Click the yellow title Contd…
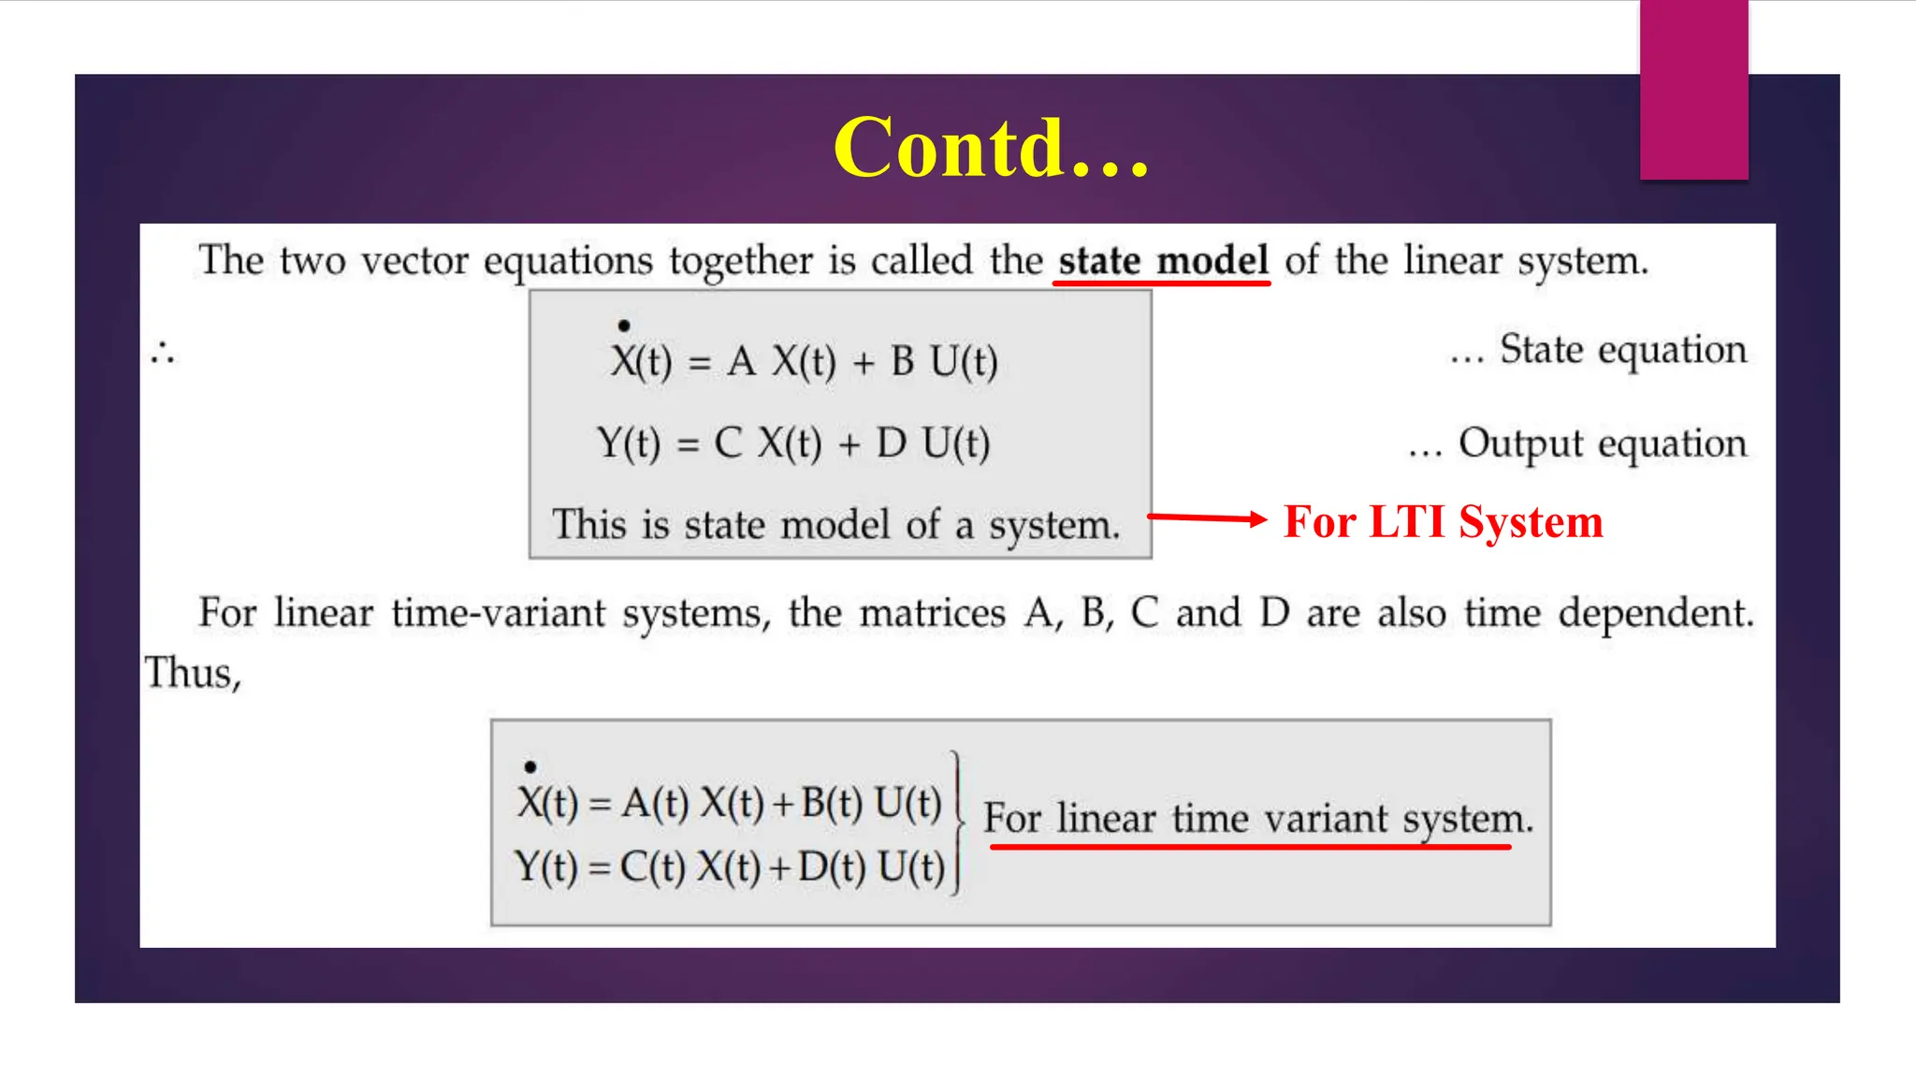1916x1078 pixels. click(x=991, y=148)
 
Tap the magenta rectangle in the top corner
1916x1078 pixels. click(x=1693, y=89)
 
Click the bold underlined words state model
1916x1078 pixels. click(x=1163, y=260)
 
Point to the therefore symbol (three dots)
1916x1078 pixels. click(x=162, y=354)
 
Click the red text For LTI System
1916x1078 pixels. click(x=1443, y=522)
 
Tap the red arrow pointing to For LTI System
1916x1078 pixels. click(x=1207, y=517)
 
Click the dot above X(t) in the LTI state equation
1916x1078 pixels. click(x=624, y=326)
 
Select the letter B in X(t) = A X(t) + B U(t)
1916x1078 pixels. click(x=902, y=362)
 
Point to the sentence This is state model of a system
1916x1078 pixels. click(x=835, y=525)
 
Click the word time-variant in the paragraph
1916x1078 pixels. click(x=499, y=614)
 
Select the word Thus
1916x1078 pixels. click(x=192, y=673)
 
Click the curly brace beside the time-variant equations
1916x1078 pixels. click(x=956, y=823)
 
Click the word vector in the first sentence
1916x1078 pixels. click(x=414, y=261)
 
